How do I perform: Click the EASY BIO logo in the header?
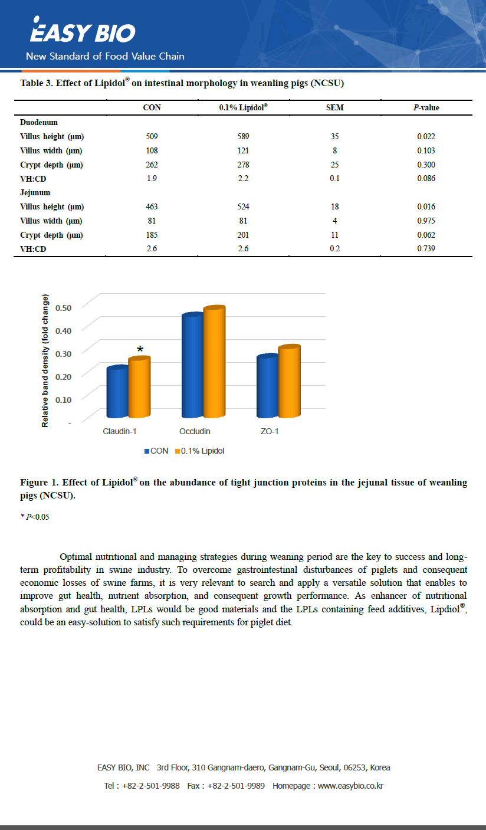tap(83, 32)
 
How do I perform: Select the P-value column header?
tap(426, 107)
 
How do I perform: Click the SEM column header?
tap(334, 107)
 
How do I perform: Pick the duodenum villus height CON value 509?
tap(152, 136)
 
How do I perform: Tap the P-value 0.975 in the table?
tap(426, 221)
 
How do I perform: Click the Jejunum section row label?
tap(35, 192)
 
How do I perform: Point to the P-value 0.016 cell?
tap(426, 206)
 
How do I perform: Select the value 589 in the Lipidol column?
tap(243, 136)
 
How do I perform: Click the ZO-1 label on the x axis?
tap(270, 431)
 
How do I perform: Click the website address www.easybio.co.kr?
tap(350, 786)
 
